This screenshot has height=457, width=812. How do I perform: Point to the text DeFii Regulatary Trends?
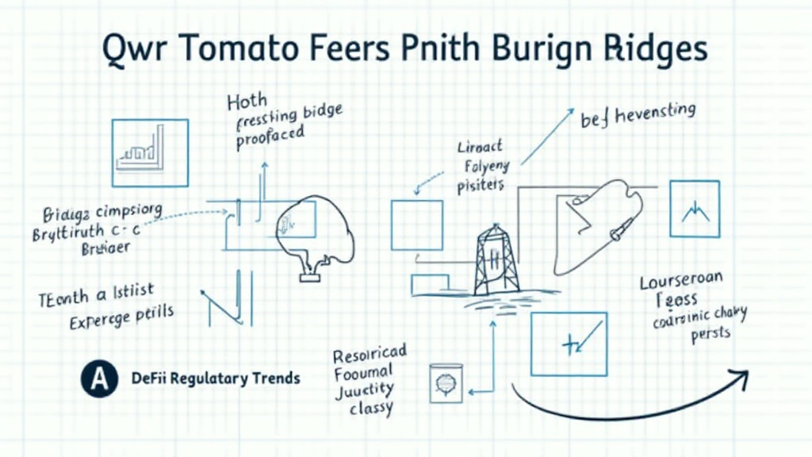point(215,378)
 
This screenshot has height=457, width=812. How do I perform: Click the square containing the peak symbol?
point(695,209)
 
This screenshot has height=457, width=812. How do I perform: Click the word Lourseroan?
point(681,283)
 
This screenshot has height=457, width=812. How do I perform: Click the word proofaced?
point(270,136)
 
